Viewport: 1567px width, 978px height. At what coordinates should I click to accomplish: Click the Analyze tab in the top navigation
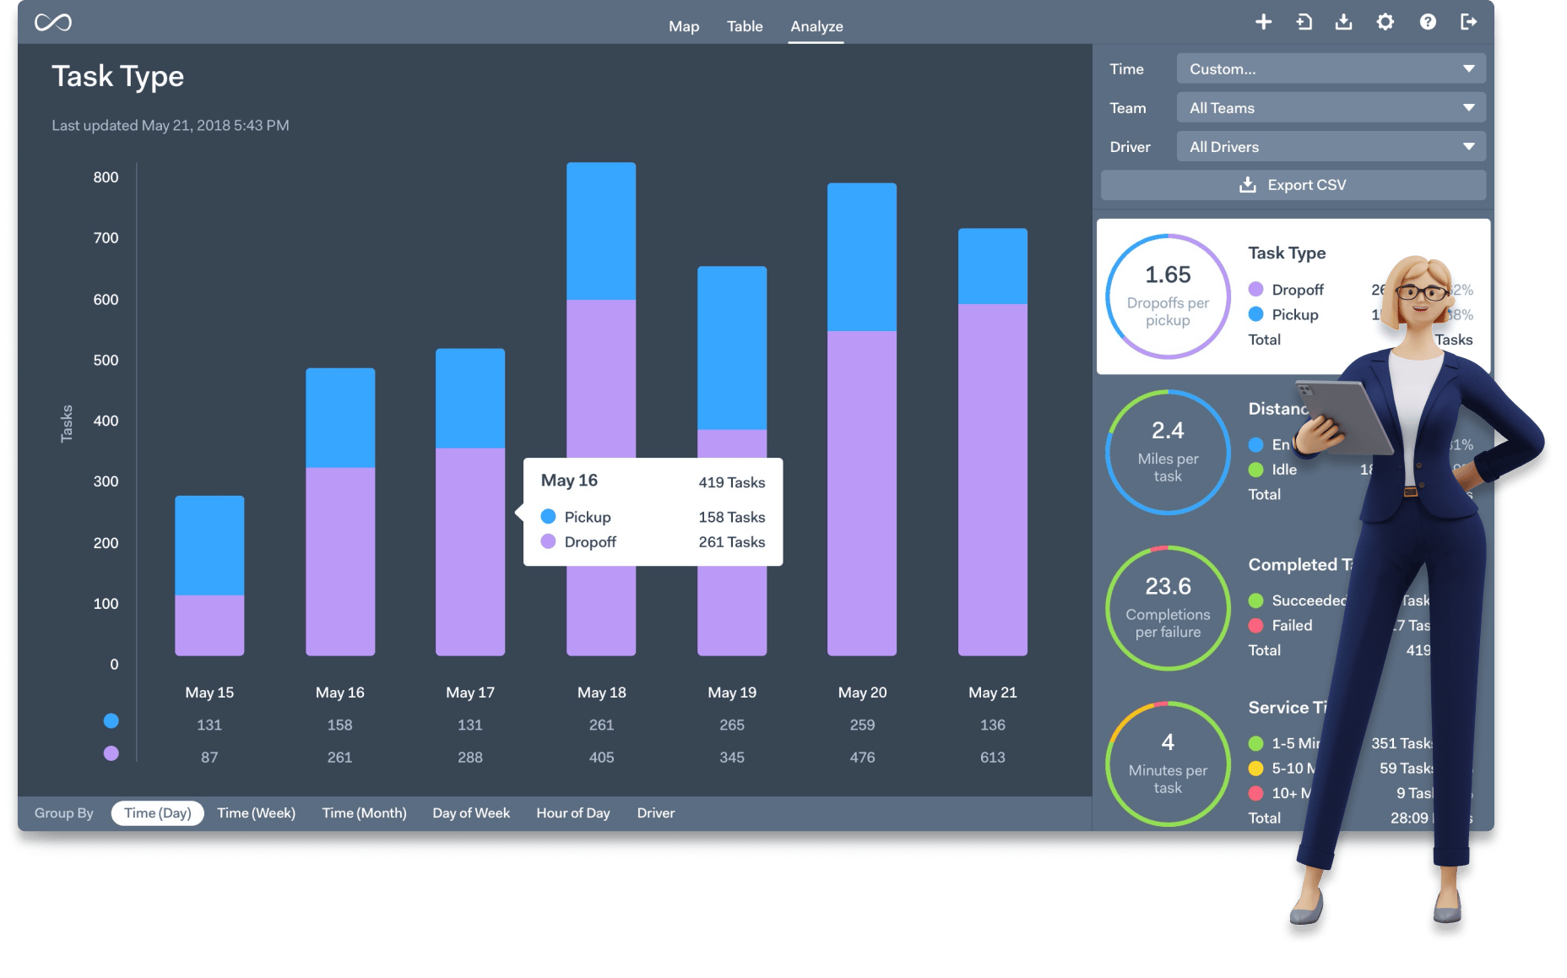pos(816,26)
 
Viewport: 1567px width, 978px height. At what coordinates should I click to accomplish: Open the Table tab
pos(745,26)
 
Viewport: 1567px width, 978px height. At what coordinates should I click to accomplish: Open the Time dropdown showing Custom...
pos(1331,69)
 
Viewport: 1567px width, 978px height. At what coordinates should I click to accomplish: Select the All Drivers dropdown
pos(1331,147)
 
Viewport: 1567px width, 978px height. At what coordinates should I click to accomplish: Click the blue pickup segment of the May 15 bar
pos(209,546)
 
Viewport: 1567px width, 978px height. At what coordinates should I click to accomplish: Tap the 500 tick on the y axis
pos(106,360)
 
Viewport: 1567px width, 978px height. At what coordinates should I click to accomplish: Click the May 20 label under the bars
pos(862,693)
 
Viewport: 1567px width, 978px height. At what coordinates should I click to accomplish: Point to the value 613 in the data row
pos(992,758)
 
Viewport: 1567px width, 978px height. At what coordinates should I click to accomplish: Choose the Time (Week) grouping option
pos(256,813)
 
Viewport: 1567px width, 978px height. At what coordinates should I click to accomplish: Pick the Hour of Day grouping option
pos(572,813)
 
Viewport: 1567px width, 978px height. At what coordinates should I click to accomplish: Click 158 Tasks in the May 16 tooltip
pos(731,517)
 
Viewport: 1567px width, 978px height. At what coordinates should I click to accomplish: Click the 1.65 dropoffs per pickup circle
pos(1168,296)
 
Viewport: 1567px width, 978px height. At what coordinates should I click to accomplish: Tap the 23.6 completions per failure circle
pos(1168,608)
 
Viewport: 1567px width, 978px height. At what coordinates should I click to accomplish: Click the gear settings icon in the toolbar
pos(1385,22)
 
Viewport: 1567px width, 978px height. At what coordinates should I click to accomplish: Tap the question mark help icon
pos(1428,22)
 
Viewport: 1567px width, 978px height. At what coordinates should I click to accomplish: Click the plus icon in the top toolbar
pos(1263,22)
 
